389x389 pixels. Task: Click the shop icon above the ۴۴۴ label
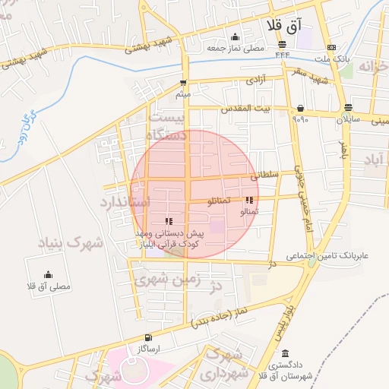282,44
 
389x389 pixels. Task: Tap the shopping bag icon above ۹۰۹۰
301,108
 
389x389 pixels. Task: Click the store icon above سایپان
348,108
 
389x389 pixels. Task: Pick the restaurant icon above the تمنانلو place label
249,201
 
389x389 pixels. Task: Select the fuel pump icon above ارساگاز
147,337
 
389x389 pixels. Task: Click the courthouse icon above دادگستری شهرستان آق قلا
284,353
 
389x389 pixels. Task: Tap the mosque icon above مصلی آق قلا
48,274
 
